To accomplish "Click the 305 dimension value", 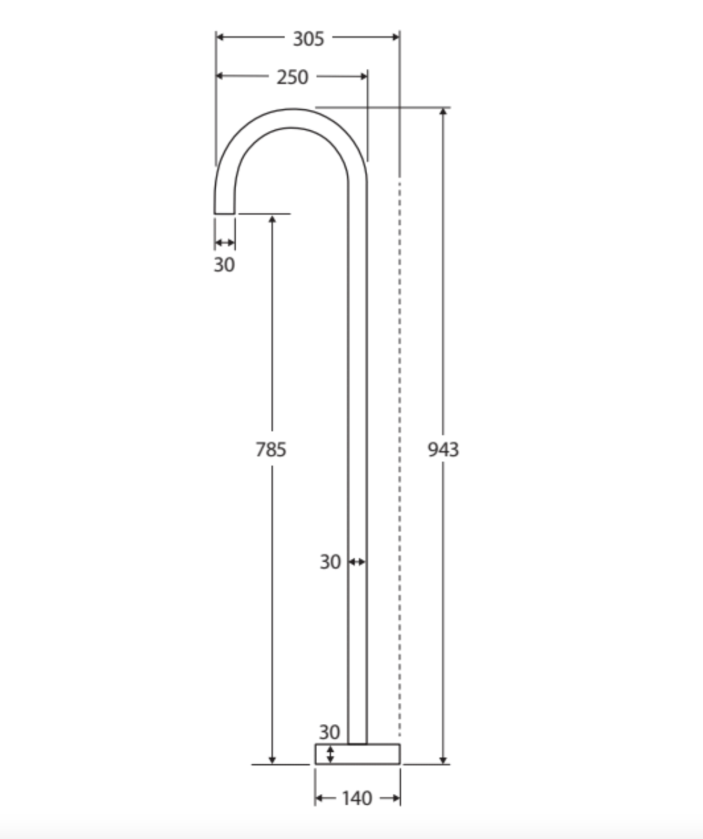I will [x=308, y=39].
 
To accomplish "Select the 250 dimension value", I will [x=292, y=77].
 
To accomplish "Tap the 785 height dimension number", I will [x=271, y=450].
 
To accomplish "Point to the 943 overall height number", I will [x=443, y=450].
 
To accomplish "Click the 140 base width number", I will [x=357, y=799].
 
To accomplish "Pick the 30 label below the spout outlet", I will [x=224, y=265].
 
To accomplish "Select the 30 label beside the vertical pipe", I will [x=330, y=562].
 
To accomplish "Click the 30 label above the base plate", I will [x=329, y=732].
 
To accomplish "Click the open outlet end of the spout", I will [x=225, y=213].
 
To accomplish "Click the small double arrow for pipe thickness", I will [x=357, y=562].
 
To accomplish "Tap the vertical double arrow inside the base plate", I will [x=330, y=754].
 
